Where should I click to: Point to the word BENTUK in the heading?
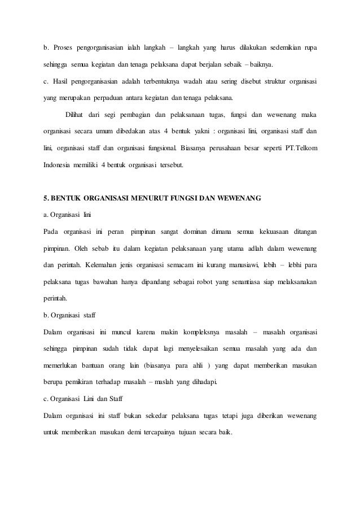click(67, 198)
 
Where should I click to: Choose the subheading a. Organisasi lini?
click(67, 215)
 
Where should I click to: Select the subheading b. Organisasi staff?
click(69, 315)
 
